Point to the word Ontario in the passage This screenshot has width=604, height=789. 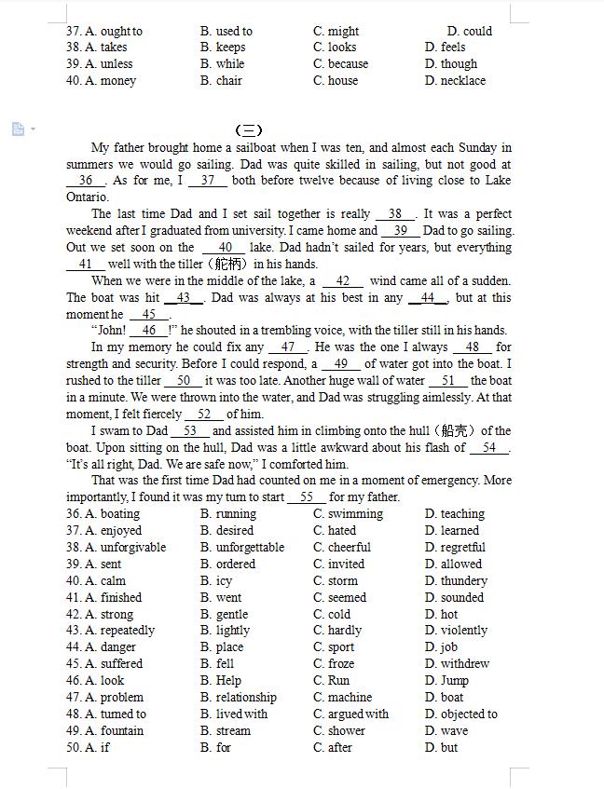click(88, 197)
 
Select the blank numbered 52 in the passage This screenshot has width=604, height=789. click(204, 415)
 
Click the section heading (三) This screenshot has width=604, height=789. click(249, 130)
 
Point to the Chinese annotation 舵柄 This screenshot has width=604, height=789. click(228, 265)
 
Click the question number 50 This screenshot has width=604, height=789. click(74, 748)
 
